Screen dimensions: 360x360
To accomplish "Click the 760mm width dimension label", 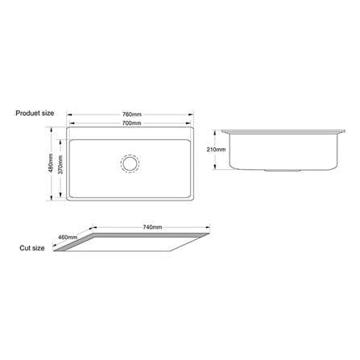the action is (x=132, y=114).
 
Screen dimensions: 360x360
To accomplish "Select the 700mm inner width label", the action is (x=132, y=123).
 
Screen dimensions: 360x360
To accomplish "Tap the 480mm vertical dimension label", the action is (x=51, y=163).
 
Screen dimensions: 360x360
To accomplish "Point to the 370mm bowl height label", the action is (x=60, y=164).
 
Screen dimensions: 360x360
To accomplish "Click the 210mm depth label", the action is (x=216, y=150).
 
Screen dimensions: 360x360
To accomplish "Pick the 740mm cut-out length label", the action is (x=152, y=227).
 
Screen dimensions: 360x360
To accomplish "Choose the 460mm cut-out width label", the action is (x=68, y=237).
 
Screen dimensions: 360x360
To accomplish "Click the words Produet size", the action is (x=35, y=113).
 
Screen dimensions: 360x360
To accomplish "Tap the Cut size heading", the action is (x=32, y=248).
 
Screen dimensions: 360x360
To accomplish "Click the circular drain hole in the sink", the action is (x=130, y=163).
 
